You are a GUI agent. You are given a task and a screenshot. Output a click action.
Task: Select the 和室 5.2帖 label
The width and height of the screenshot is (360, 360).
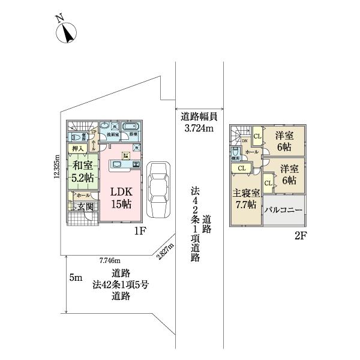[82, 172]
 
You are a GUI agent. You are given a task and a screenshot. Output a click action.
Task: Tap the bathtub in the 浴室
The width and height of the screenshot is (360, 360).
[130, 127]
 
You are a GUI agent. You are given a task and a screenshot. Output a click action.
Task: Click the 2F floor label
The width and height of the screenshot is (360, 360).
[300, 236]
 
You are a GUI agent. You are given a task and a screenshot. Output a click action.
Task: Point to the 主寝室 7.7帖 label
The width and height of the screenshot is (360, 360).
[246, 199]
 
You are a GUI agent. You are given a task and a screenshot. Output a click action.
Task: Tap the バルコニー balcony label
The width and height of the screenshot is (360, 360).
[283, 210]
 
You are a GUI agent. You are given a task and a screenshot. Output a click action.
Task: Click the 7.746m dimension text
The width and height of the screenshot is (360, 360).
[110, 260]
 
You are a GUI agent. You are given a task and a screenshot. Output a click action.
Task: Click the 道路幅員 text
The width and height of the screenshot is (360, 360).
[199, 117]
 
